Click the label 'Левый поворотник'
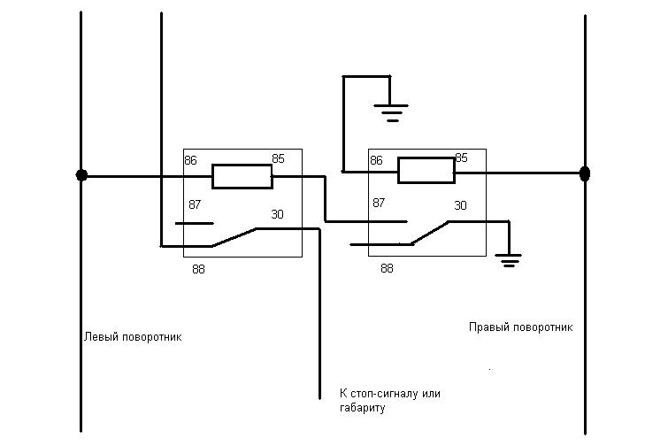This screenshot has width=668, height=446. (x=133, y=337)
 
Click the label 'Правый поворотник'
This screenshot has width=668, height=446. (x=520, y=327)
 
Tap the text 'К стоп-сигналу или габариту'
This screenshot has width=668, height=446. (x=389, y=400)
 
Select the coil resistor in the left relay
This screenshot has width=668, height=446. (x=242, y=176)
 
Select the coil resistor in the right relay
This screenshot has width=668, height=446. (x=426, y=170)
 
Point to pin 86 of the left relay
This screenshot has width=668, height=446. (x=191, y=160)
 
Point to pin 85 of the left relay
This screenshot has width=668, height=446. (x=278, y=159)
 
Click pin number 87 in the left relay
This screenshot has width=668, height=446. (x=195, y=204)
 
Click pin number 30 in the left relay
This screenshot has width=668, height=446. (x=277, y=213)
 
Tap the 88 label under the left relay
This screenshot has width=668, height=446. (x=199, y=269)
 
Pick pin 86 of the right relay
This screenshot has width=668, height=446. (x=376, y=160)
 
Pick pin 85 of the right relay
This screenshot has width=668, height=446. (x=461, y=158)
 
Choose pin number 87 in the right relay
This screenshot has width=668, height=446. (x=379, y=203)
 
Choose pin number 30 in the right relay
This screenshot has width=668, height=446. (x=460, y=205)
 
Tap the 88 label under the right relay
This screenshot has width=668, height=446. (x=387, y=267)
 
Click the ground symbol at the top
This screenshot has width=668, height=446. (x=390, y=111)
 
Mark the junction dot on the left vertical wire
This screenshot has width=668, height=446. (x=81, y=175)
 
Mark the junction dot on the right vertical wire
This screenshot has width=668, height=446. (x=584, y=173)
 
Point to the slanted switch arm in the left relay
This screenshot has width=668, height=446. (x=234, y=236)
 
